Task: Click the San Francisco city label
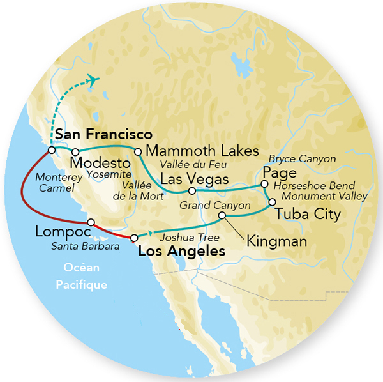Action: click(103, 135)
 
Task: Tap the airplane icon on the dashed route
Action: click(94, 80)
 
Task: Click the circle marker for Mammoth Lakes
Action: click(136, 152)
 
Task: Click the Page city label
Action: click(279, 172)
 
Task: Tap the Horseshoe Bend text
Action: click(313, 185)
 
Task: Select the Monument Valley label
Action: click(324, 196)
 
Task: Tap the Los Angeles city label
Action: click(182, 252)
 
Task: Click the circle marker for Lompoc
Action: click(91, 222)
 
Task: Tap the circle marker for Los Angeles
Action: click(133, 238)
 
